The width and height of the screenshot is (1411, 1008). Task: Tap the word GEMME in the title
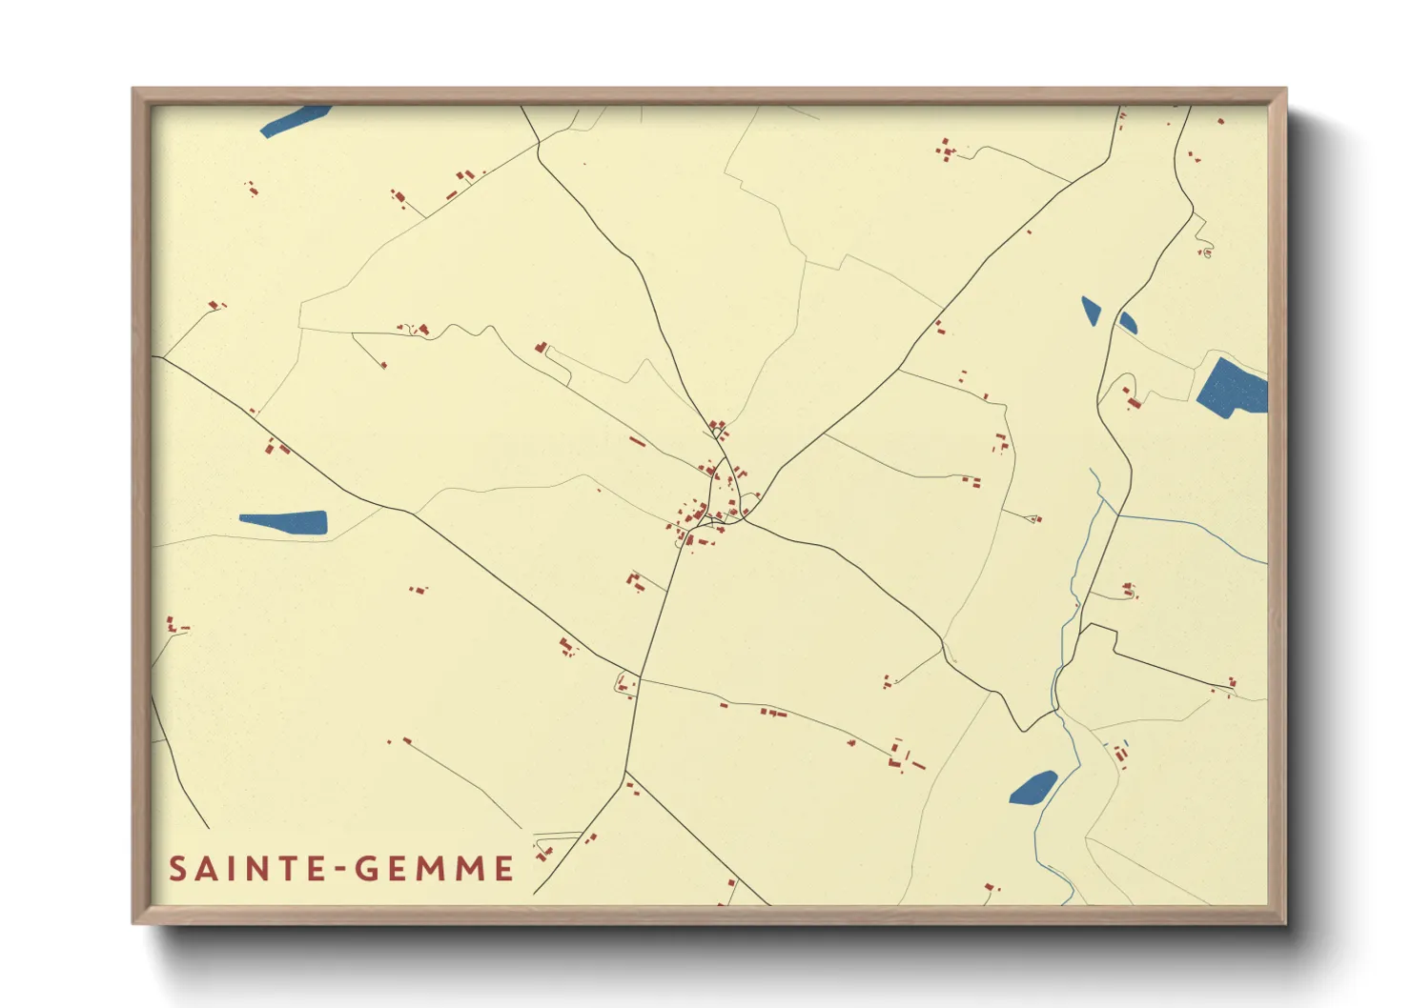(x=435, y=869)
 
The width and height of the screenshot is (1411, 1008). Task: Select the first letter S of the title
(x=177, y=869)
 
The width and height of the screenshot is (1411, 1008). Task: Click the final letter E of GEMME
(x=504, y=869)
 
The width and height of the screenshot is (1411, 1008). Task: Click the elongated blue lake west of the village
(x=284, y=522)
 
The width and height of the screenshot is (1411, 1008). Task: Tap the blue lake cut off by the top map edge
(x=295, y=120)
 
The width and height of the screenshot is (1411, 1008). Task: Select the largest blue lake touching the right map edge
(x=1234, y=387)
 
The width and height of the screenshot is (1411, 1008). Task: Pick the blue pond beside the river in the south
(x=1033, y=787)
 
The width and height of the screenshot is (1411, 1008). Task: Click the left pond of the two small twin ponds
(x=1091, y=311)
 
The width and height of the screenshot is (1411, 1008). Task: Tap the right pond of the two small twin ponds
(x=1127, y=322)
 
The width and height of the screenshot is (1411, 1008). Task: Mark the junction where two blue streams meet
(x=1115, y=515)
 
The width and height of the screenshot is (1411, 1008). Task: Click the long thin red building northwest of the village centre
(x=637, y=441)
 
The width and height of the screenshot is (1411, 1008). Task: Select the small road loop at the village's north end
(x=716, y=433)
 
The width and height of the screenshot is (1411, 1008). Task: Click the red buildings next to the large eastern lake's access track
(x=1132, y=399)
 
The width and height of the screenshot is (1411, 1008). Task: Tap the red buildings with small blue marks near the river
(x=1120, y=753)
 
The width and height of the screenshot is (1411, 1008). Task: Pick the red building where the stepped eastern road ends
(x=1232, y=684)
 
